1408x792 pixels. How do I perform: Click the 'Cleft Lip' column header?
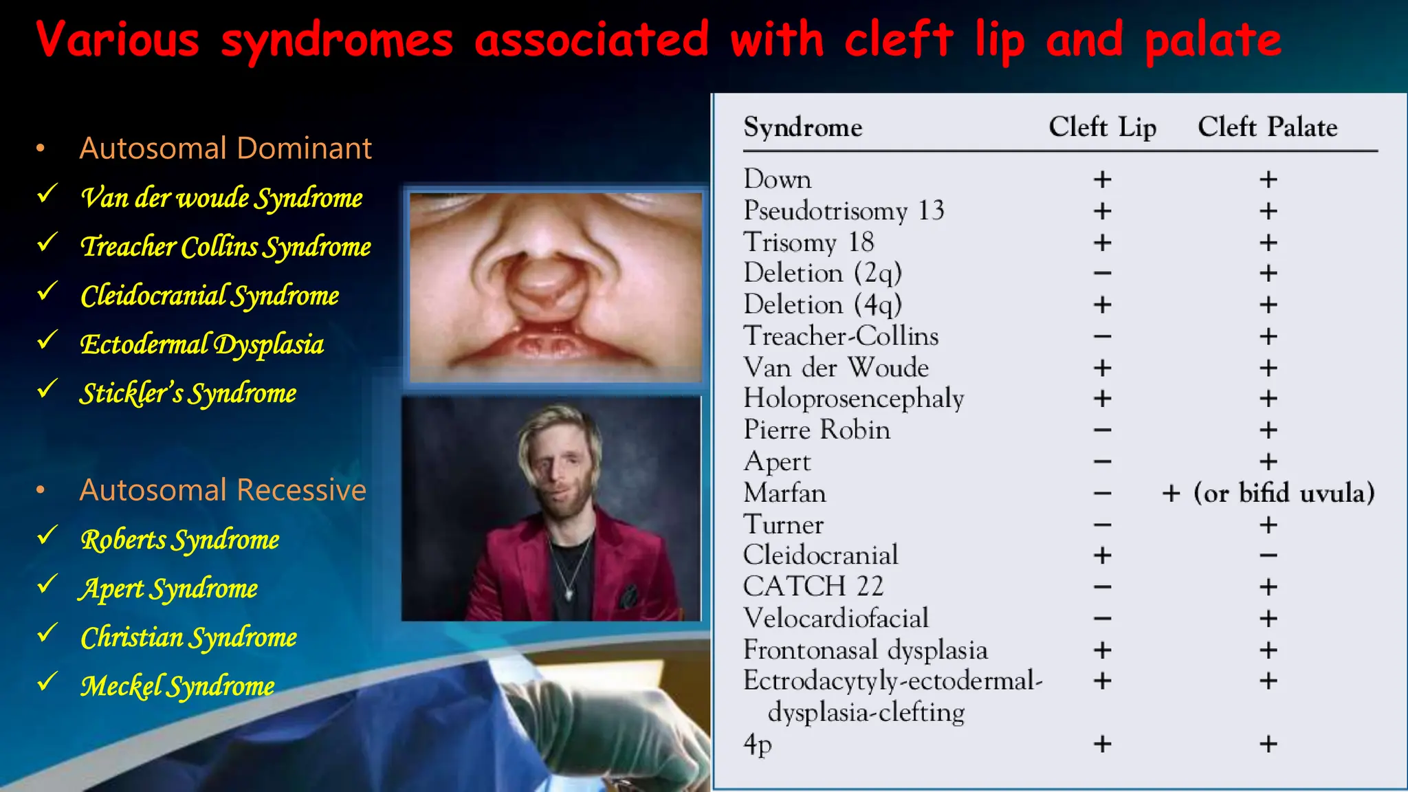[1102, 127]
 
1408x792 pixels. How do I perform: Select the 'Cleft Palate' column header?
[1267, 127]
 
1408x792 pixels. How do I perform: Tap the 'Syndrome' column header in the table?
[802, 127]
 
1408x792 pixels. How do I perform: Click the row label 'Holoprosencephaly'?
[853, 399]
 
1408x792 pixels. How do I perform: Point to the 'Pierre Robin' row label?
[817, 430]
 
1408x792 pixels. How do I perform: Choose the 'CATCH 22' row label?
[813, 586]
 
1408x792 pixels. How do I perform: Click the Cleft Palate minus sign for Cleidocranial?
[1268, 555]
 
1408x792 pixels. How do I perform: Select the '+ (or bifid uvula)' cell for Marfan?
[1268, 493]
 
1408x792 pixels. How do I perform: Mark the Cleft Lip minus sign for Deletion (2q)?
[1102, 274]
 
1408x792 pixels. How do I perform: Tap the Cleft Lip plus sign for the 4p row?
[1102, 744]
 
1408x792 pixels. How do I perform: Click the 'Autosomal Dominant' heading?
[225, 148]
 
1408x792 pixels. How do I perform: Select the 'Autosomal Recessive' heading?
[223, 490]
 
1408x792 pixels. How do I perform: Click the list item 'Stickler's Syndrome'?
[188, 393]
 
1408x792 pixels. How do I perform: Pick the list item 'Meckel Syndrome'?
[177, 686]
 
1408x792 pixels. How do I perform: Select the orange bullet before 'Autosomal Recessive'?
[41, 490]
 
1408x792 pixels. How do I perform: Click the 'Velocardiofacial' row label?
[835, 618]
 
